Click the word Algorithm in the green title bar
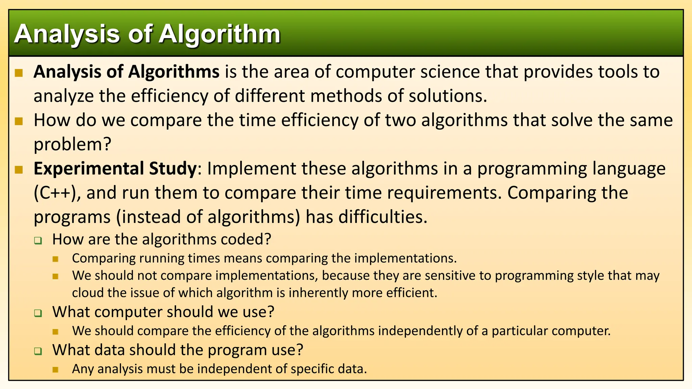[x=220, y=34]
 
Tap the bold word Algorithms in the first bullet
[x=174, y=72]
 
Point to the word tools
[x=618, y=72]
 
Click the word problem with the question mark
[x=72, y=145]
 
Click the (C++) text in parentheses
[x=57, y=193]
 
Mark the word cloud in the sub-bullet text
[x=88, y=293]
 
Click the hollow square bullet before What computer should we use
[x=38, y=313]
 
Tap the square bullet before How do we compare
[x=19, y=121]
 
